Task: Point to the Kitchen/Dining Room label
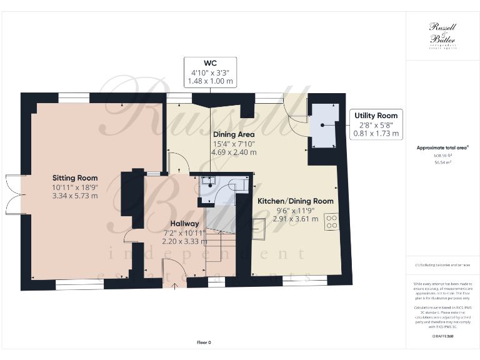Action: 296,201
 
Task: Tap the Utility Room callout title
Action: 376,116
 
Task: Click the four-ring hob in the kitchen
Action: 331,223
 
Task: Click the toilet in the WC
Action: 239,186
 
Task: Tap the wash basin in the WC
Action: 211,182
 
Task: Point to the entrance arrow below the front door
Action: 174,286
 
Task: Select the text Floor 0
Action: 204,342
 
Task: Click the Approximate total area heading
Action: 442,147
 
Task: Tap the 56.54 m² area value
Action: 442,161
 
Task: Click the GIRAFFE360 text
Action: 442,336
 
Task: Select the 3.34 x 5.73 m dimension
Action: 75,196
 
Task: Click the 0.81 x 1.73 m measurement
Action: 376,133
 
